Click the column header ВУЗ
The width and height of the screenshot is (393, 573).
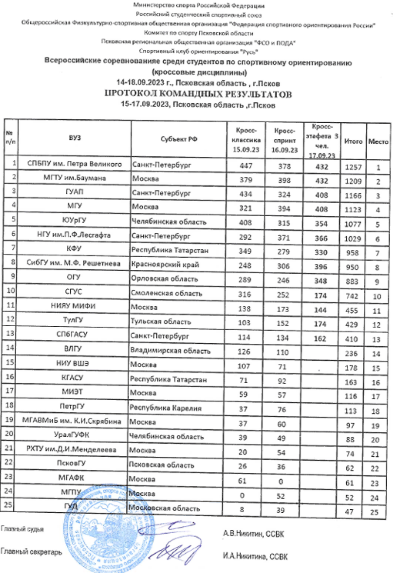click(x=75, y=139)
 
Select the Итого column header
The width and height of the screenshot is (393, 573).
click(x=353, y=142)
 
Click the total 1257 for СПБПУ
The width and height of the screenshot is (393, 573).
click(x=353, y=167)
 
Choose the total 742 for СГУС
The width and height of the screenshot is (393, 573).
click(x=353, y=296)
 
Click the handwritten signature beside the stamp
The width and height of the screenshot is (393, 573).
click(x=175, y=548)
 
